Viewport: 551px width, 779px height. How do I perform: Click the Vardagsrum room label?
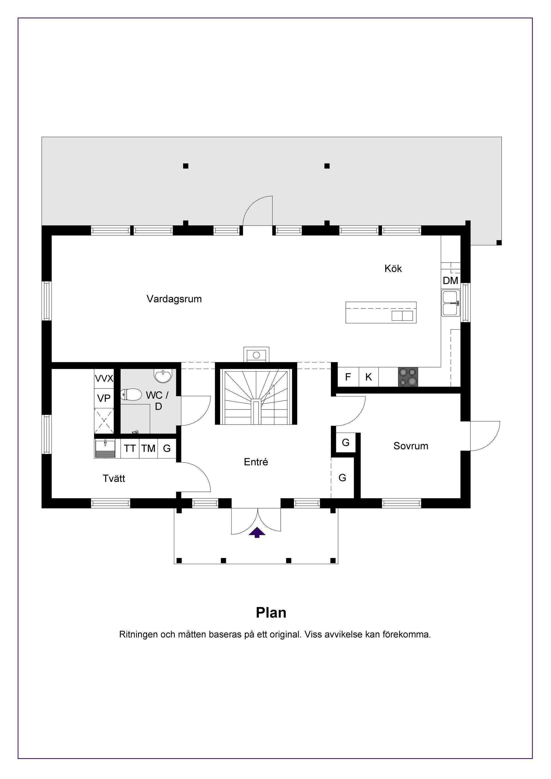(x=174, y=299)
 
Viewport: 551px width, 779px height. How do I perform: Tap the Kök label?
(x=393, y=269)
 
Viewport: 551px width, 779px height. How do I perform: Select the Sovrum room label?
(x=411, y=446)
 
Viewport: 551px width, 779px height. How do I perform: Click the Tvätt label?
(x=114, y=478)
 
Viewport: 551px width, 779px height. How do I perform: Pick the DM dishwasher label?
(x=451, y=281)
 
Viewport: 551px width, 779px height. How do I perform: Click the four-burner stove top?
(x=408, y=377)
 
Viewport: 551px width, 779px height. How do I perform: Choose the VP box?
(x=104, y=398)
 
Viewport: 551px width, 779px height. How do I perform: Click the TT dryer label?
(x=130, y=448)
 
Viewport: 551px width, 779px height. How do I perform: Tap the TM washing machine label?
(x=148, y=448)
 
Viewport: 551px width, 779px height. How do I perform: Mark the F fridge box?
(x=348, y=377)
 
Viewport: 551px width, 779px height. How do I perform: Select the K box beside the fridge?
(x=368, y=377)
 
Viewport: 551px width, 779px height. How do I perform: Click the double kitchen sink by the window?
(x=451, y=303)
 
